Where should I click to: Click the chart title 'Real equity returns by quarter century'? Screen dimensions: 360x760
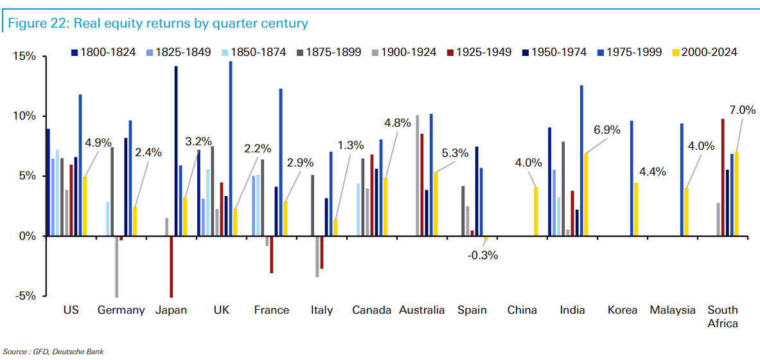tap(157, 24)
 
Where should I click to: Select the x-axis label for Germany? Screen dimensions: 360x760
tap(121, 310)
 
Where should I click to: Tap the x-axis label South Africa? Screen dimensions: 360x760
tap(723, 316)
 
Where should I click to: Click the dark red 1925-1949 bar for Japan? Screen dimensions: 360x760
tap(171, 266)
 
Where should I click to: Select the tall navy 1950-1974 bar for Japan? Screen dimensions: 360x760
tap(176, 151)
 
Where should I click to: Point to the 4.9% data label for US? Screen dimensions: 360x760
tap(99, 143)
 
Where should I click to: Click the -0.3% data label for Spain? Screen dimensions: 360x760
tap(482, 255)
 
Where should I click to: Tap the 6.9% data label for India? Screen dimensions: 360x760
tap(606, 130)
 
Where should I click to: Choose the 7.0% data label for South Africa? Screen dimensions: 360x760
tap(742, 110)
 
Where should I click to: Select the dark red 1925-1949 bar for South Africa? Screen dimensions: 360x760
tap(723, 177)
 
